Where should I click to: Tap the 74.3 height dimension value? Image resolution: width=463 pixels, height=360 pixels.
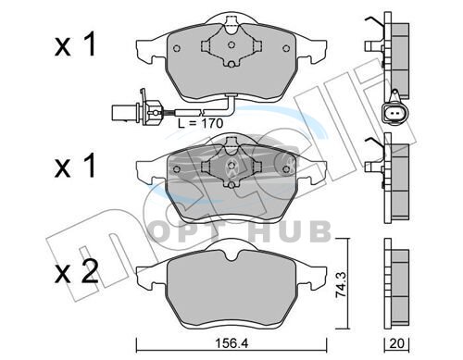coord(342,284)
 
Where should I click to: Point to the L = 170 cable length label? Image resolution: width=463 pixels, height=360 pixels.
coord(200,123)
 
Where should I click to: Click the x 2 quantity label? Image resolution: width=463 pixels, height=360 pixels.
coord(77,272)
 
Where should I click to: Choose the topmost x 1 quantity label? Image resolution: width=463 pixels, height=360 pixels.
coord(75,45)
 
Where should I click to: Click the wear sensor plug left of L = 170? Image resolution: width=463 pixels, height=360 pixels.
coord(136,110)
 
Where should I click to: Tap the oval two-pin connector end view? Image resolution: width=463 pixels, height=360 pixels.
coord(394,114)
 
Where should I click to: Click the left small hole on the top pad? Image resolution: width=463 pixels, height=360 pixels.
coord(177,48)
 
